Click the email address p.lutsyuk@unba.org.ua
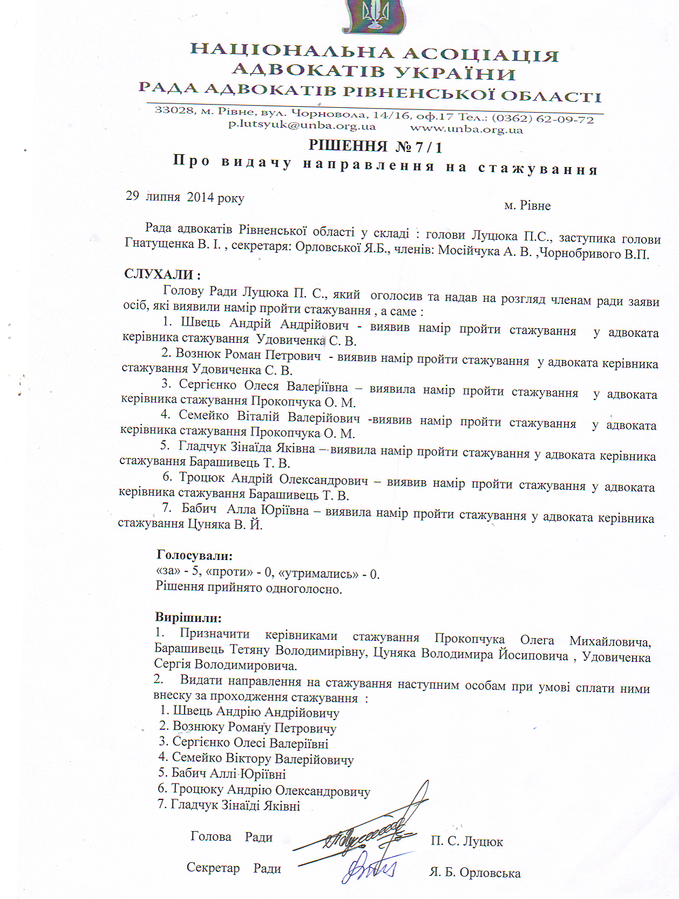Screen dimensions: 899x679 (302, 126)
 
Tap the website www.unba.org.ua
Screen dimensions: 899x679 (467, 129)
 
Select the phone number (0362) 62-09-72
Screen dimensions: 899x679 (543, 119)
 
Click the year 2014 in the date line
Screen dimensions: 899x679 (200, 197)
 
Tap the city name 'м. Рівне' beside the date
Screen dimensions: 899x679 (527, 206)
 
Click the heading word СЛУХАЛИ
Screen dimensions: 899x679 (159, 274)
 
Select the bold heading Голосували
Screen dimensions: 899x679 (195, 555)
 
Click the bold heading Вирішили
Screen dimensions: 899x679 (188, 617)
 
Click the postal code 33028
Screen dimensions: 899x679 (174, 110)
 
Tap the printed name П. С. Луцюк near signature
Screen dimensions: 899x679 (467, 841)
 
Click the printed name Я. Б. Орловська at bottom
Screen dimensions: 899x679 (475, 873)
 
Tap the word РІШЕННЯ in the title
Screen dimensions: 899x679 (348, 146)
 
